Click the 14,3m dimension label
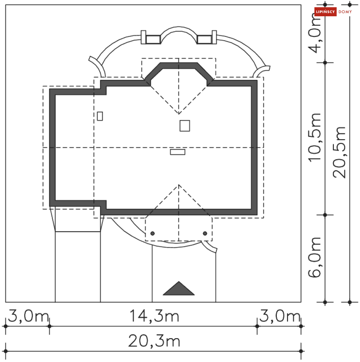tap(154, 316)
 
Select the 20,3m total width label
tap(154, 341)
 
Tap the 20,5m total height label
tap(339, 152)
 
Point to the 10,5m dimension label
tap(314, 137)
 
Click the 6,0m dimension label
tap(314, 257)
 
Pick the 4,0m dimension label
tap(314, 34)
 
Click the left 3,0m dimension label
tap(28, 316)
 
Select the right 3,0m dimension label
tap(280, 316)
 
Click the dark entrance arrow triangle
tap(179, 289)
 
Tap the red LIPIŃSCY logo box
tap(325, 12)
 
